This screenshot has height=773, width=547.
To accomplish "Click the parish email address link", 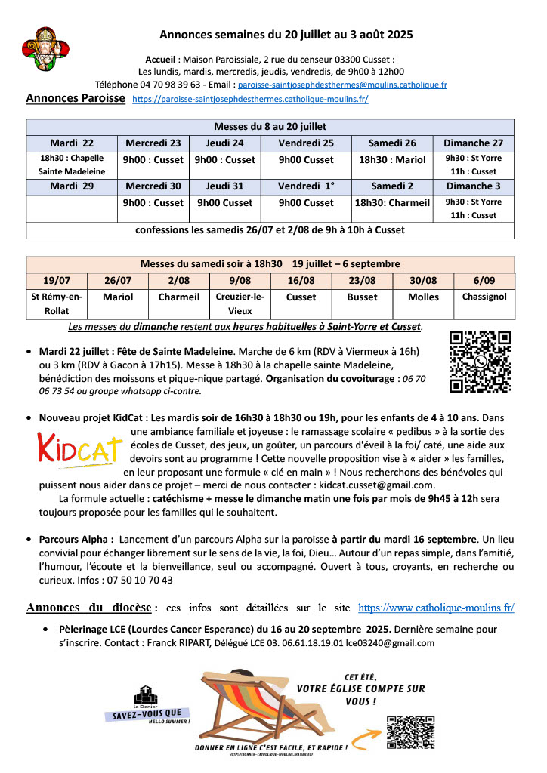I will [x=342, y=85].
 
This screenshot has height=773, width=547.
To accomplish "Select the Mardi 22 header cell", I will [x=72, y=143].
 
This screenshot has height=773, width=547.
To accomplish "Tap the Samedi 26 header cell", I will [x=392, y=143].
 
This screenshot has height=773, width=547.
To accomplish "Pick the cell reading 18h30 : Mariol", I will [x=392, y=160].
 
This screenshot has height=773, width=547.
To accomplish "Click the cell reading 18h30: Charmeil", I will [x=392, y=203].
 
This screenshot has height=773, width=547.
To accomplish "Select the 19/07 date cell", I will [x=57, y=280].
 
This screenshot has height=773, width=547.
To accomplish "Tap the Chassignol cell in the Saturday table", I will [x=484, y=297].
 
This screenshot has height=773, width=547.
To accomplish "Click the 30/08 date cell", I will [x=423, y=280].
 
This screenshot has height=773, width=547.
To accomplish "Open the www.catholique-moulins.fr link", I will [x=436, y=607].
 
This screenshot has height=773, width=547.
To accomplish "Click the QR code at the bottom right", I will [x=409, y=731].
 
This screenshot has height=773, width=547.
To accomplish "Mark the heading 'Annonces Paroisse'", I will [x=76, y=99].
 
